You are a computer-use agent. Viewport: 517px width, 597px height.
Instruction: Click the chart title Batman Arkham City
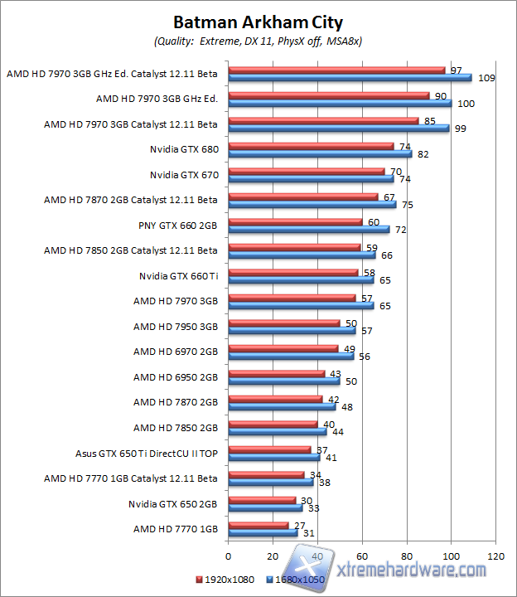(x=258, y=22)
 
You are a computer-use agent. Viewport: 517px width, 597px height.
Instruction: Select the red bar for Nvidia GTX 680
(x=311, y=147)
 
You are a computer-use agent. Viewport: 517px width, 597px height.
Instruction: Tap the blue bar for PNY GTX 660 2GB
(x=308, y=229)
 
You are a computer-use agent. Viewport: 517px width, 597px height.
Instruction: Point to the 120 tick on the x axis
(x=496, y=555)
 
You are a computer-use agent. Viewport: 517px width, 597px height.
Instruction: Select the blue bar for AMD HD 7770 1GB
(x=263, y=532)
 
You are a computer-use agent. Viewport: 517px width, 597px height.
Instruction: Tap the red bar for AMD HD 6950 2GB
(x=276, y=374)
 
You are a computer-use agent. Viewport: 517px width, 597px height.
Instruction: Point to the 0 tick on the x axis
(x=228, y=555)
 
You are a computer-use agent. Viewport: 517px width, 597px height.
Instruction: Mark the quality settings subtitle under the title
(x=258, y=41)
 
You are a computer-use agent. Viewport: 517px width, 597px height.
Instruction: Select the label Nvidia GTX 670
(x=184, y=175)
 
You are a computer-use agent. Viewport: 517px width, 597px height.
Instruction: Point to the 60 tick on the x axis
(x=362, y=555)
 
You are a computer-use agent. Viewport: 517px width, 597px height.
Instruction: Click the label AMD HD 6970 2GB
(x=176, y=352)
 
